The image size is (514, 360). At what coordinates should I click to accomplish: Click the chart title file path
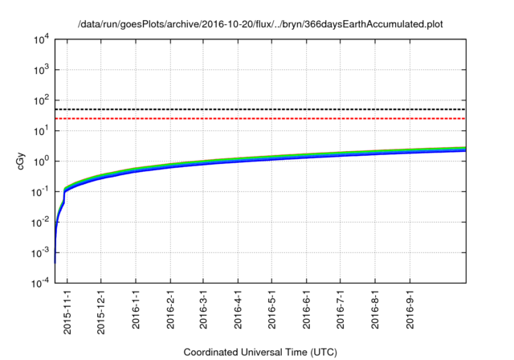tap(260, 25)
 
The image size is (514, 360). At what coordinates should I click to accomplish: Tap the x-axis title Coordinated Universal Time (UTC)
tap(260, 352)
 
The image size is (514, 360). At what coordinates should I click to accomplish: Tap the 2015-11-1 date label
tap(67, 309)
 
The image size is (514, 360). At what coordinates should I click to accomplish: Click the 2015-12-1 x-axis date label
tap(101, 309)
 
